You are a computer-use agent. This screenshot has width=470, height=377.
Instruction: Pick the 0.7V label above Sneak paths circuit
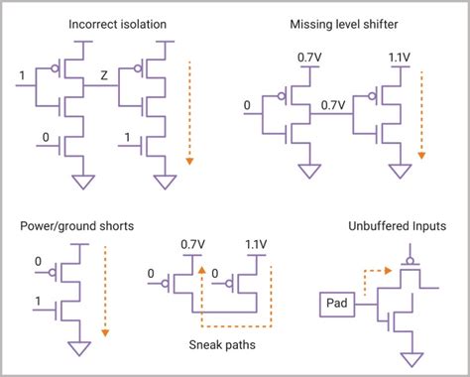[x=193, y=241]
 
